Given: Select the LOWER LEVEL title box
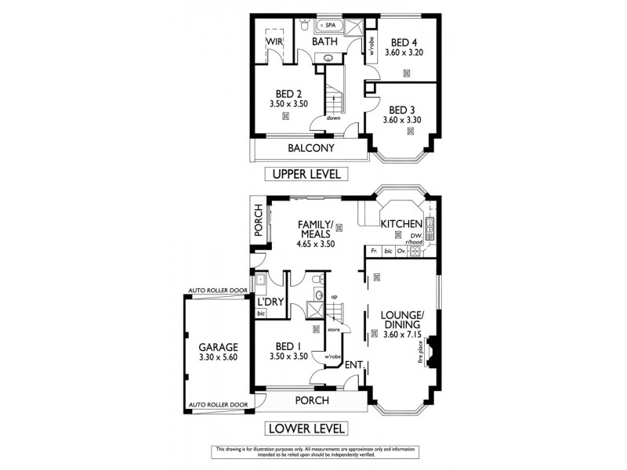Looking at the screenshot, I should pos(306,428).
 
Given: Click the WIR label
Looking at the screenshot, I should pos(274,42).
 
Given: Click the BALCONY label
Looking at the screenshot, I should pos(310,148).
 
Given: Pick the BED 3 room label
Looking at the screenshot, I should pos(402,110).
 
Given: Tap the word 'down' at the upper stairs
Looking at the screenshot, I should pos(333,117).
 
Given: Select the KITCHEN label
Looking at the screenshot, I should pos(402,224).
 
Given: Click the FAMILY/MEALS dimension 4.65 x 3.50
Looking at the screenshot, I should pos(316,244).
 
